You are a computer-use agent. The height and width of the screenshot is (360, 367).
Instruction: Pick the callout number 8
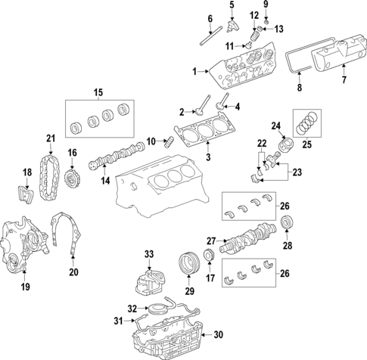pos(298,88)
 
